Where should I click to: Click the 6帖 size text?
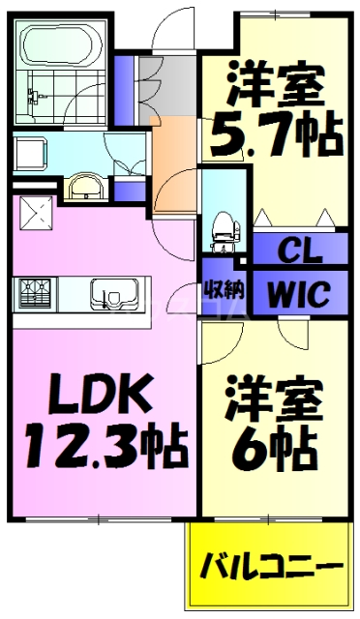(x=274, y=446)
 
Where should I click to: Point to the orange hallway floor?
(x=175, y=145)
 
